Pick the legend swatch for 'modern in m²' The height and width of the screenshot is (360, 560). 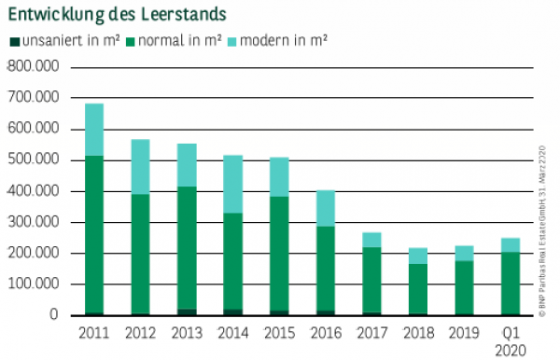pyautogui.click(x=232, y=41)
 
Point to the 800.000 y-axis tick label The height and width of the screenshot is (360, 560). pyautogui.click(x=33, y=67)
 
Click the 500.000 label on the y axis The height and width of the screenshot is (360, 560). pyautogui.click(x=33, y=160)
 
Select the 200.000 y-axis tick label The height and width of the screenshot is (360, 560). pyautogui.click(x=33, y=254)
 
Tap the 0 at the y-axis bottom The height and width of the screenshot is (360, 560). pyautogui.click(x=54, y=315)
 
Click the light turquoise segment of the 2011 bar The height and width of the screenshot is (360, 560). pyautogui.click(x=94, y=130)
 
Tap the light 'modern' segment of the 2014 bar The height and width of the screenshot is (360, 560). pyautogui.click(x=232, y=184)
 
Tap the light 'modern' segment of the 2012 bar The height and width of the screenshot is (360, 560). pyautogui.click(x=140, y=166)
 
